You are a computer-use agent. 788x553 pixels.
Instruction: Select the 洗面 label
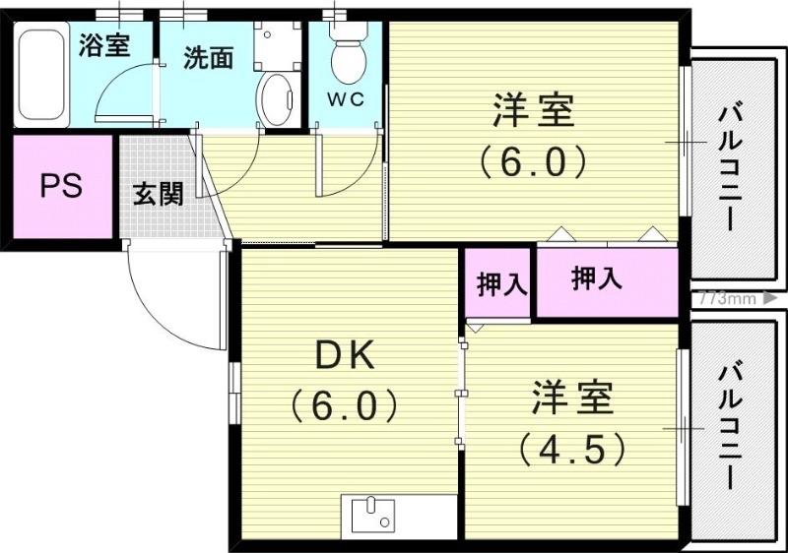point(208,57)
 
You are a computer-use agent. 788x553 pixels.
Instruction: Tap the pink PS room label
point(61,186)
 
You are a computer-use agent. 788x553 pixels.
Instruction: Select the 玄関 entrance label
point(158,194)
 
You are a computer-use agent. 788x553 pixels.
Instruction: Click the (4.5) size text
point(573,449)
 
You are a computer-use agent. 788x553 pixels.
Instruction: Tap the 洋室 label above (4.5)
point(573,399)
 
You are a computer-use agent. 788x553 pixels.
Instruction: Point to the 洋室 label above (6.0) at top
point(533,110)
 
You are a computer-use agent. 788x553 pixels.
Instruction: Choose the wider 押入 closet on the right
point(597,279)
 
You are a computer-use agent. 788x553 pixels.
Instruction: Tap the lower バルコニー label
point(731,426)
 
